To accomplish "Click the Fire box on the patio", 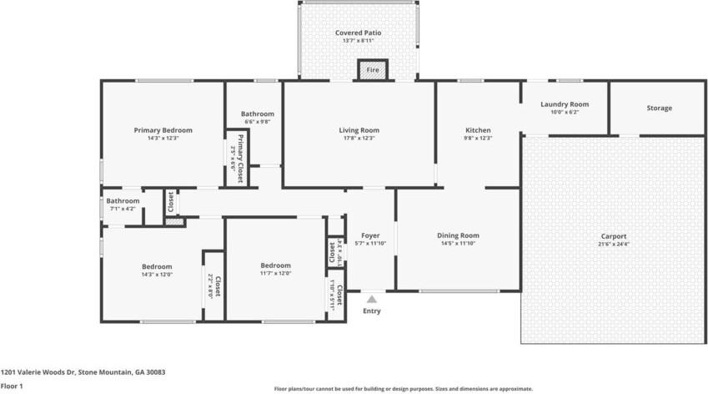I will tap(373, 70).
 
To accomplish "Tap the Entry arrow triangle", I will tap(371, 298).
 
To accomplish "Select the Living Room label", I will tap(359, 130).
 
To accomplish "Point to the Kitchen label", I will tap(478, 130).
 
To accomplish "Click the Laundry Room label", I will tap(564, 104).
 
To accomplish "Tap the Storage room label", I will tap(659, 108).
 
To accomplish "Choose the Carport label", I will tap(613, 236).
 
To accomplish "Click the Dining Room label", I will tap(458, 235).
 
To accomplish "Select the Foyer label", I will tap(370, 235).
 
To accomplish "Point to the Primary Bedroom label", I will tap(163, 130).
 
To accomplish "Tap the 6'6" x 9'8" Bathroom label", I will tap(258, 114).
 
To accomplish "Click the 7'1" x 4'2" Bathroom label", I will tap(123, 201).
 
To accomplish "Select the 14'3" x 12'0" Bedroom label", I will tap(156, 266).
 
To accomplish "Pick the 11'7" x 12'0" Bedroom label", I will tap(275, 265).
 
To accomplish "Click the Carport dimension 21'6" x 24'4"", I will tap(613, 245).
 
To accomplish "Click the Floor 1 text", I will tap(12, 386).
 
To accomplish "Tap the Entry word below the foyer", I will tap(371, 311).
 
